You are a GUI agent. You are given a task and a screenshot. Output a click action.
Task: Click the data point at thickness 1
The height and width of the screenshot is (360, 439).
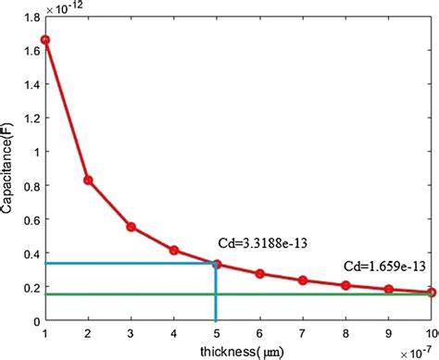coord(44,40)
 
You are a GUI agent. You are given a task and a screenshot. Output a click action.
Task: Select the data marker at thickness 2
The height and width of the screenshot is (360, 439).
coord(88,180)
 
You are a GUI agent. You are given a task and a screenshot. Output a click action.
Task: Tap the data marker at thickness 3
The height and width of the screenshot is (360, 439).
coord(131,227)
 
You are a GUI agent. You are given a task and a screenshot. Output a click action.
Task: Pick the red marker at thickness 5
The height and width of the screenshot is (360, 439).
coord(217,264)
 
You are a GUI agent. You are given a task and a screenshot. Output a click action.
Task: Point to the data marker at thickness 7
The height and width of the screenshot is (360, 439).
coord(303,280)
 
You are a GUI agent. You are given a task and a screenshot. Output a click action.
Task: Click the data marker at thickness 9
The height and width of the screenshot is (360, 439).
coord(389,290)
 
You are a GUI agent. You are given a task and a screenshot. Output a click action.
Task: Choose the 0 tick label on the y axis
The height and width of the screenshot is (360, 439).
coord(35,320)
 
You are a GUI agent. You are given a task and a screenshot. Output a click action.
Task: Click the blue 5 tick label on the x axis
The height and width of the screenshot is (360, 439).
coord(217,331)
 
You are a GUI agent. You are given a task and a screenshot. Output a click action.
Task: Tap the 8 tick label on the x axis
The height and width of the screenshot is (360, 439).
coord(345,331)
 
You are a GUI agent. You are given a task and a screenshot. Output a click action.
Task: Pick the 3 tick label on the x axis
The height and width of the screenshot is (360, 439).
coord(131,331)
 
